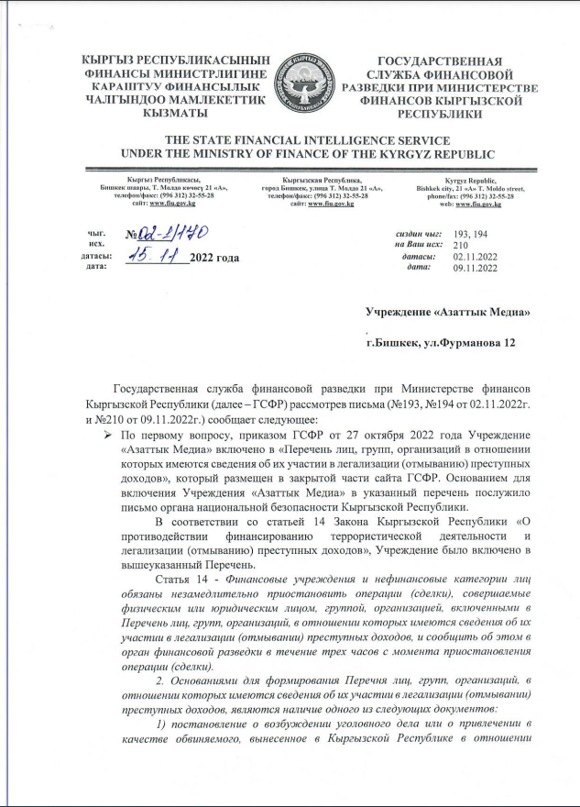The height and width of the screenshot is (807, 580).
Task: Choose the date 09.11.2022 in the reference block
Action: tap(476, 268)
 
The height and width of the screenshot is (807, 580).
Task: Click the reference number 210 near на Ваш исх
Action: tap(462, 245)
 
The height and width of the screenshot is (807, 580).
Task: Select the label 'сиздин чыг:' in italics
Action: tap(421, 234)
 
